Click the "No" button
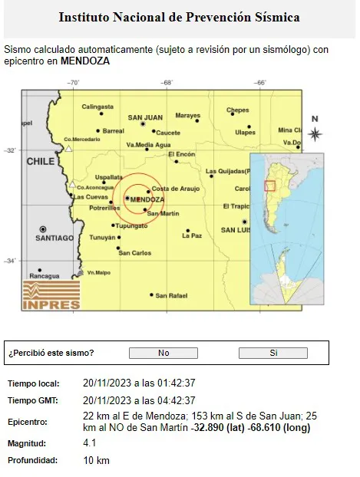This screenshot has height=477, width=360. (163, 353)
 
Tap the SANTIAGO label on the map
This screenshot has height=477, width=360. (54, 238)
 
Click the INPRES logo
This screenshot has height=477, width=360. (51, 295)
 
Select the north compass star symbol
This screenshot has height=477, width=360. (315, 133)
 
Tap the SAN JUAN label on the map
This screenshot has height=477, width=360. (145, 118)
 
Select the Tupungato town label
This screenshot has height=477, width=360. (130, 225)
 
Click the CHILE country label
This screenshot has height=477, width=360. (41, 162)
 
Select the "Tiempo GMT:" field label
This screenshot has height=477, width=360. (32, 400)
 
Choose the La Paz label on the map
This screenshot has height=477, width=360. (192, 236)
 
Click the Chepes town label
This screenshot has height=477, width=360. (238, 110)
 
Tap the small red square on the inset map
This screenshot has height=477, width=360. (269, 186)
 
